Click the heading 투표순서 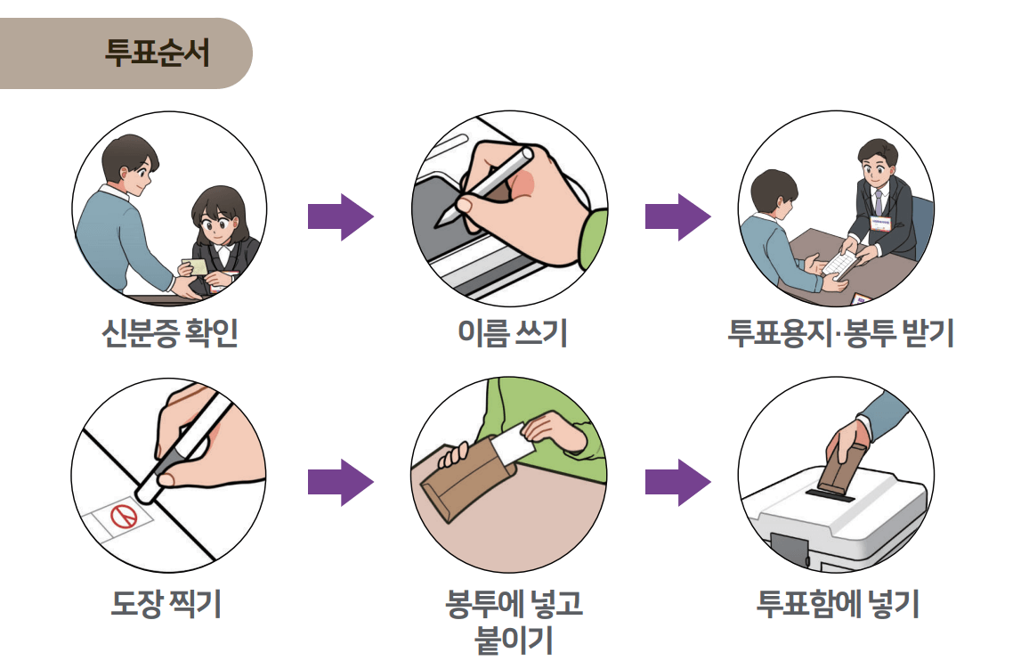pyautogui.click(x=157, y=53)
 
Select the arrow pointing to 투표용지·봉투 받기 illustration pyautogui.click(x=677, y=216)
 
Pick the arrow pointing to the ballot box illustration pyautogui.click(x=677, y=483)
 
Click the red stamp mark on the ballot pyautogui.click(x=122, y=516)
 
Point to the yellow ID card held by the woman pyautogui.click(x=193, y=265)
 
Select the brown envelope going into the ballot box pyautogui.click(x=841, y=463)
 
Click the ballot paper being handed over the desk pyautogui.click(x=839, y=263)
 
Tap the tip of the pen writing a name pyautogui.click(x=438, y=225)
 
